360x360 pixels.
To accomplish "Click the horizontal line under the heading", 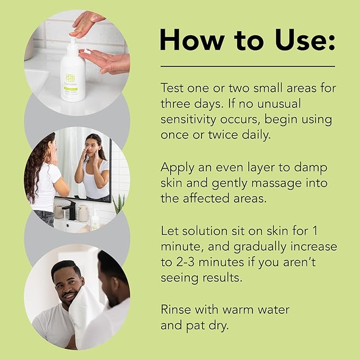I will (248, 66).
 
